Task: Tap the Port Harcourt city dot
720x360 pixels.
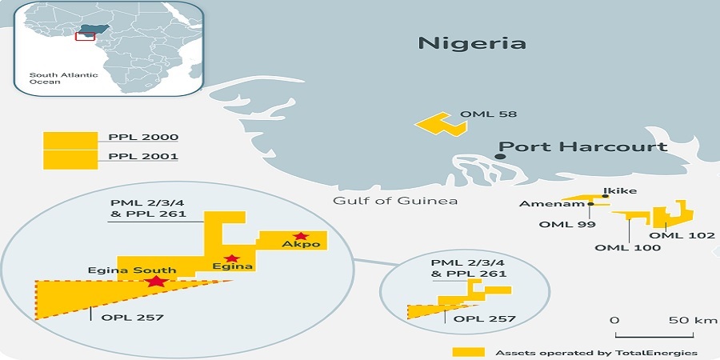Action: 499,157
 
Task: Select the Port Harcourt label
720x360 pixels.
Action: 582,147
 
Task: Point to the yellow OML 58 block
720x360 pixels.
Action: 437,124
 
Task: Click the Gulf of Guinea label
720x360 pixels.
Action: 395,200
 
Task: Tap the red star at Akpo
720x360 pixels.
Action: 301,235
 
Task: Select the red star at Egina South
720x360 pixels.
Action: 157,282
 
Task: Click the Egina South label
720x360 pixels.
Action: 122,270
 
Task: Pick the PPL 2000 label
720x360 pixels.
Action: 143,138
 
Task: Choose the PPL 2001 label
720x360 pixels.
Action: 143,157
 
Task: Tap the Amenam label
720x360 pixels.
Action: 542,204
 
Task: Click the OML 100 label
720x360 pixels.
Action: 628,248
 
